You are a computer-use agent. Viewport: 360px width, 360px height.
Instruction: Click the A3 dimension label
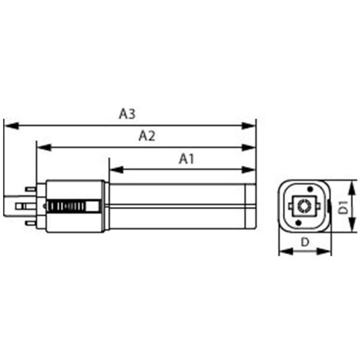(x=127, y=114)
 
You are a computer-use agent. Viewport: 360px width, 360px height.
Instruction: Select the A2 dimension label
(x=146, y=136)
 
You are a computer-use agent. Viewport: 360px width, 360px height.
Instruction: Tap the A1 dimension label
(x=187, y=158)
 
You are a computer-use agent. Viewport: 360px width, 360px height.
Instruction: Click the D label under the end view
(x=305, y=242)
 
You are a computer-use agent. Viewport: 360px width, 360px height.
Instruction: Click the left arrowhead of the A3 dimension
(x=8, y=126)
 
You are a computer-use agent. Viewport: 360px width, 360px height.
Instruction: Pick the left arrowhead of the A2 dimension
(x=41, y=148)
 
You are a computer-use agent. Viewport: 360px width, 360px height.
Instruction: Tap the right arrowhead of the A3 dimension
(x=252, y=126)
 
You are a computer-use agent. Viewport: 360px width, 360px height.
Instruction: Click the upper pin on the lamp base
(x=30, y=189)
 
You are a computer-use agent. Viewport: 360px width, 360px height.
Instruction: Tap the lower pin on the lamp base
(x=30, y=223)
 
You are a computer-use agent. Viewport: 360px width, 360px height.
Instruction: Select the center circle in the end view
(x=305, y=206)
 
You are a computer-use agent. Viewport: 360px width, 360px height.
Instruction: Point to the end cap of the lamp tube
(x=251, y=206)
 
